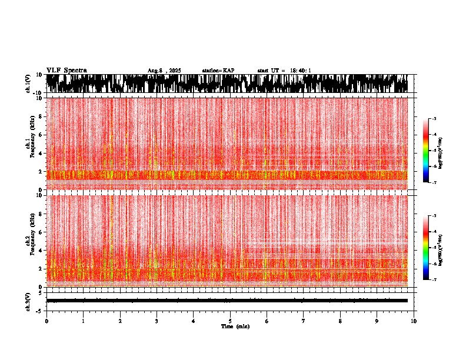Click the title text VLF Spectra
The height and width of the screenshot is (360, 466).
coord(66,70)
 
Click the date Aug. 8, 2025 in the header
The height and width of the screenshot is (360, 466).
coord(164,71)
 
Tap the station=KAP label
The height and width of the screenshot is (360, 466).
coord(218,71)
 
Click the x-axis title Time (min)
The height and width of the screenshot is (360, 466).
coord(235,326)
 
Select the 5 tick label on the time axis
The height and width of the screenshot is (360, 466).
coord(230,321)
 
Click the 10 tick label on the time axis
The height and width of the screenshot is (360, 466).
coord(414,321)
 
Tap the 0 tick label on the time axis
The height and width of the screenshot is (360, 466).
coord(46,321)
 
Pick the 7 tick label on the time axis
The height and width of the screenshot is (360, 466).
coord(304,321)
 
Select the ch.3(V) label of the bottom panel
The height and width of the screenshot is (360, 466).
coord(28,300)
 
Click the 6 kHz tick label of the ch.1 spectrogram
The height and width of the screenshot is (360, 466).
coord(42,135)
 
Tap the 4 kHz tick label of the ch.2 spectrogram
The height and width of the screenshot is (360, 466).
coord(42,251)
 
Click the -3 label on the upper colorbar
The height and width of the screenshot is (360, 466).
coord(434,119)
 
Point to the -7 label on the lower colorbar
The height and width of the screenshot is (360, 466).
coord(434,280)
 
